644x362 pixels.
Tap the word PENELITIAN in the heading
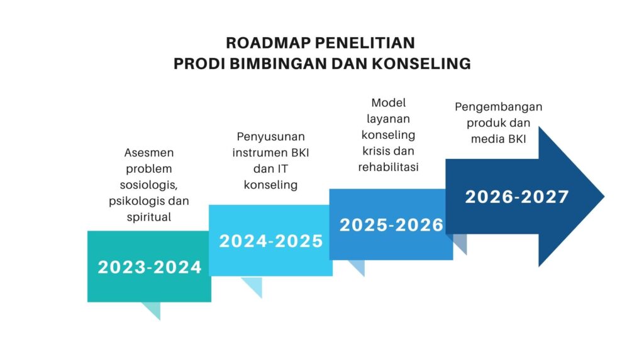(x=365, y=43)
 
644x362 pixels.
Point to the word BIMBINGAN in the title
(x=278, y=63)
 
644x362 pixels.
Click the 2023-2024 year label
(x=150, y=268)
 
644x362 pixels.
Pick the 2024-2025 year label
(x=271, y=241)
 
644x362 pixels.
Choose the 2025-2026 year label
(x=391, y=225)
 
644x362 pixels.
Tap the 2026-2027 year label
(x=517, y=197)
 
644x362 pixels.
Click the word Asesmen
(x=149, y=153)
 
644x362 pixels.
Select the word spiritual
(x=148, y=217)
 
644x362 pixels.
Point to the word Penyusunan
(x=270, y=136)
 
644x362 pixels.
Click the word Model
(x=389, y=102)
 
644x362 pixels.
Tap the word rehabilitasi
(x=389, y=167)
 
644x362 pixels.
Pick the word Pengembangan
(x=499, y=107)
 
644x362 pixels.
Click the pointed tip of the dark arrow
(x=604, y=197)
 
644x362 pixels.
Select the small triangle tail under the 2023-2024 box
(x=153, y=309)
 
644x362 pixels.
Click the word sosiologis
(x=148, y=185)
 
